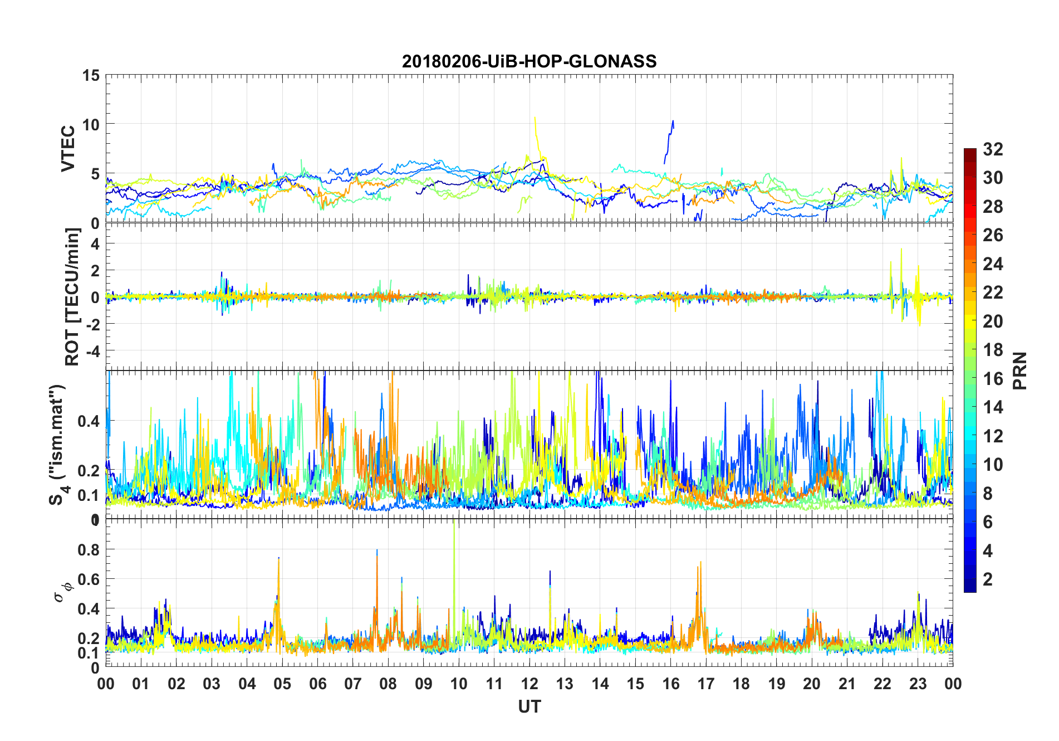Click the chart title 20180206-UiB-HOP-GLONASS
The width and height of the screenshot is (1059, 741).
(x=529, y=61)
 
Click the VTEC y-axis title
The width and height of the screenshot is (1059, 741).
(x=68, y=149)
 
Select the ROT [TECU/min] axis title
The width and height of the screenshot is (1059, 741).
(x=72, y=296)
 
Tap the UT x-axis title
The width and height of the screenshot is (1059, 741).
(x=529, y=707)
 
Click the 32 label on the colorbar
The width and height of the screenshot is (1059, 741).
(x=993, y=149)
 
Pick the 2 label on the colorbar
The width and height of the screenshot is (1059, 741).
(x=988, y=579)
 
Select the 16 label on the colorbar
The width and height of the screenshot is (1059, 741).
(x=993, y=379)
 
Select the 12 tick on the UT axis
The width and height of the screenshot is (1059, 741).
(x=529, y=684)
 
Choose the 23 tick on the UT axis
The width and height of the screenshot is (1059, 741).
(x=918, y=684)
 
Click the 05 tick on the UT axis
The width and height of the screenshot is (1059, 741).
(x=282, y=684)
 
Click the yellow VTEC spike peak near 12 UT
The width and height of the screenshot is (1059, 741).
(x=535, y=118)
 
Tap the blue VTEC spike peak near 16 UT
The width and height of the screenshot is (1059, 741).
(x=673, y=121)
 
